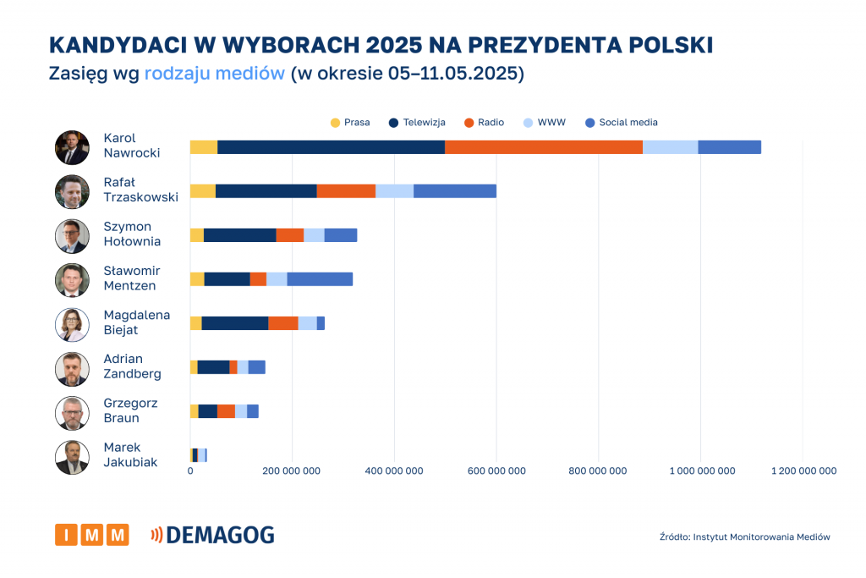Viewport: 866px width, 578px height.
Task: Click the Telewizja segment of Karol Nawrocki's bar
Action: pyautogui.click(x=331, y=147)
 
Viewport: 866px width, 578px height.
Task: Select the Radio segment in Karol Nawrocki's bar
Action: pyautogui.click(x=544, y=147)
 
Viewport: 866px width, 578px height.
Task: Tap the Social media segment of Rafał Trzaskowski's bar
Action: pyautogui.click(x=455, y=191)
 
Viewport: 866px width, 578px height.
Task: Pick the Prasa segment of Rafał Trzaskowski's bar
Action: pyautogui.click(x=203, y=191)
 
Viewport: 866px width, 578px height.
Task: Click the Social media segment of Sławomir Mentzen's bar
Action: pyautogui.click(x=320, y=279)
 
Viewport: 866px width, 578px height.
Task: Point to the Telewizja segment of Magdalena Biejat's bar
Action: pyautogui.click(x=235, y=323)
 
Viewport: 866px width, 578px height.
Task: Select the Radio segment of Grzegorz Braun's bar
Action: pyautogui.click(x=226, y=411)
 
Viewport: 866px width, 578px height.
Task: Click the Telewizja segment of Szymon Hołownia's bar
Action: pyautogui.click(x=240, y=235)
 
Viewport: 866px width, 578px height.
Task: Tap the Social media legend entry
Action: pyautogui.click(x=621, y=123)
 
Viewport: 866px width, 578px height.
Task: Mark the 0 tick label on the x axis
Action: pyautogui.click(x=190, y=471)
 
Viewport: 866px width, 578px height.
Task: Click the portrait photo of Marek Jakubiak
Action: pyautogui.click(x=72, y=457)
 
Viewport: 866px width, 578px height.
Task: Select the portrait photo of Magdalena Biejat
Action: pyautogui.click(x=72, y=324)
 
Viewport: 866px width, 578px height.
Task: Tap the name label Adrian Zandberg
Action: pyautogui.click(x=132, y=366)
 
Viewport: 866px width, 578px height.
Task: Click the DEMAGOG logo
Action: pyautogui.click(x=212, y=535)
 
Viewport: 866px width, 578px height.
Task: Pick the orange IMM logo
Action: pyautogui.click(x=91, y=535)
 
